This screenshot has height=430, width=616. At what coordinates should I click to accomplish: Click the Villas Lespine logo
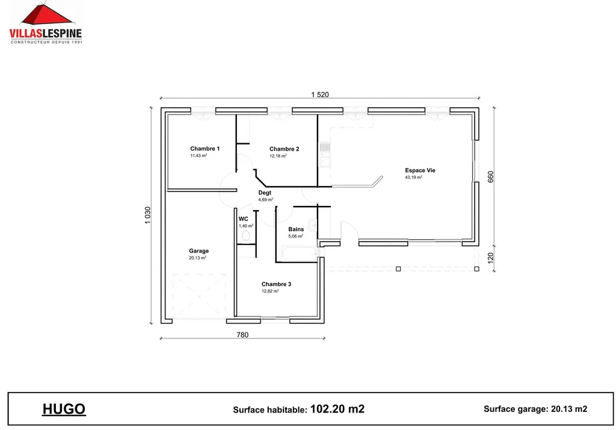click(x=46, y=23)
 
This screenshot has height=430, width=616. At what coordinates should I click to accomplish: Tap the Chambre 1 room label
click(x=205, y=149)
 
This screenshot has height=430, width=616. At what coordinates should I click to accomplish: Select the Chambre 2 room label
click(x=284, y=149)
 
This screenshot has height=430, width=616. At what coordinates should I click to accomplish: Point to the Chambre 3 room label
click(x=276, y=284)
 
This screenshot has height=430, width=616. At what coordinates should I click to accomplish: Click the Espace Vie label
click(x=420, y=170)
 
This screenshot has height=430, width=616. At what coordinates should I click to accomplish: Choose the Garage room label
click(x=199, y=251)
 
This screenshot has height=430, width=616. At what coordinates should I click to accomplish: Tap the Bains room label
click(x=296, y=229)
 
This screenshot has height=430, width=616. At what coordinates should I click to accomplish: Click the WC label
click(x=244, y=219)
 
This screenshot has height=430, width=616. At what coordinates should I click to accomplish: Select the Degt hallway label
click(x=265, y=193)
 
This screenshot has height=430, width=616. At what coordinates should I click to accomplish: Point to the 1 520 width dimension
click(x=320, y=95)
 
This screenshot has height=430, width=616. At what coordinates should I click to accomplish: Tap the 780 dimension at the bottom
click(x=242, y=335)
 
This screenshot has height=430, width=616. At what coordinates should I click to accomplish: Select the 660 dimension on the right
click(x=490, y=177)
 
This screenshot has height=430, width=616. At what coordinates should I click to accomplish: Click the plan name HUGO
click(x=64, y=410)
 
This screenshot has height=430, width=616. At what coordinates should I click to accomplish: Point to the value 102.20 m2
click(x=337, y=409)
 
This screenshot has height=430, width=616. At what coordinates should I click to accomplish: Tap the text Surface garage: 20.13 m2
click(x=535, y=409)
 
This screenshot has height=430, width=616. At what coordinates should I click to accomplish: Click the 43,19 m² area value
click(x=413, y=178)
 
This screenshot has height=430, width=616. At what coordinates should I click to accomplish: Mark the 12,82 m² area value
click(x=269, y=291)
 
